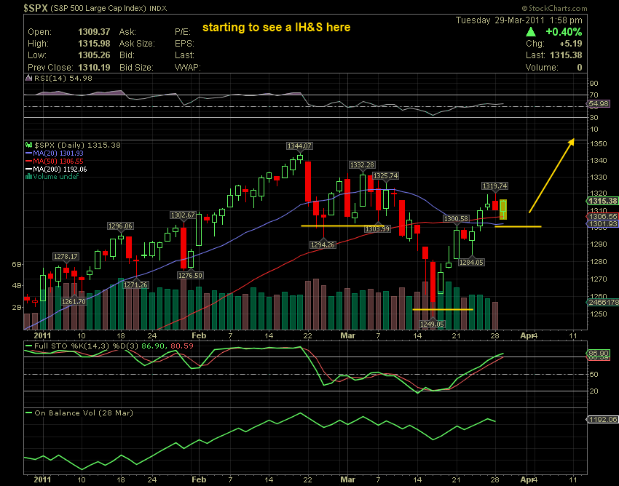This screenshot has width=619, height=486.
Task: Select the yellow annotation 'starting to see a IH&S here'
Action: click(x=276, y=28)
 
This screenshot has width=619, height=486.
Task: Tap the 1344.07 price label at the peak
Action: click(x=299, y=146)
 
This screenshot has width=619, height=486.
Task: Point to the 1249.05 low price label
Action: click(x=431, y=324)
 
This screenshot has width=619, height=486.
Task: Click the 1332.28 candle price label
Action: click(x=362, y=164)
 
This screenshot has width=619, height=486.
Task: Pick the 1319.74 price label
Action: click(x=494, y=186)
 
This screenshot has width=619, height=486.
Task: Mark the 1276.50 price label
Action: click(x=190, y=275)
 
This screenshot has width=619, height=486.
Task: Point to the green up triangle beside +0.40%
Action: click(x=532, y=33)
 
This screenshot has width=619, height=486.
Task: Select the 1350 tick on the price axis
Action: click(x=598, y=144)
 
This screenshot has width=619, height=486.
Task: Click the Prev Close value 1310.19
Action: click(x=93, y=67)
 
